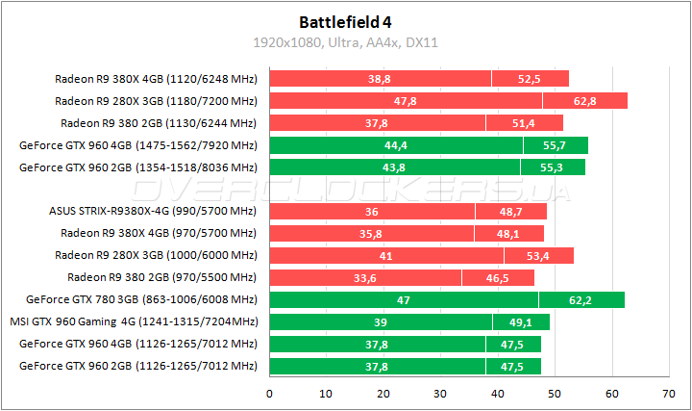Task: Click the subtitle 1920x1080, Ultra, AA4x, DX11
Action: (x=345, y=42)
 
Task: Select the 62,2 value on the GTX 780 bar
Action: (x=581, y=300)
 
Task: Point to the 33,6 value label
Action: (x=365, y=278)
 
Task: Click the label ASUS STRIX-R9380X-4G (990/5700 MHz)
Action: (x=153, y=211)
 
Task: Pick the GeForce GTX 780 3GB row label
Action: (x=141, y=299)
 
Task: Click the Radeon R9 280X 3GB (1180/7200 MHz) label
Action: (x=156, y=100)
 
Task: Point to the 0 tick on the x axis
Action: (x=269, y=393)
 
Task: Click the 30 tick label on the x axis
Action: (x=440, y=393)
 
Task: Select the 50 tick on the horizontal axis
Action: (x=555, y=393)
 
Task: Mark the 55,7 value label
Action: (x=556, y=145)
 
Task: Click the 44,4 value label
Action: (x=396, y=145)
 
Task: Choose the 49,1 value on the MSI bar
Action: (x=521, y=322)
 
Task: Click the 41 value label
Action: (x=386, y=256)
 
